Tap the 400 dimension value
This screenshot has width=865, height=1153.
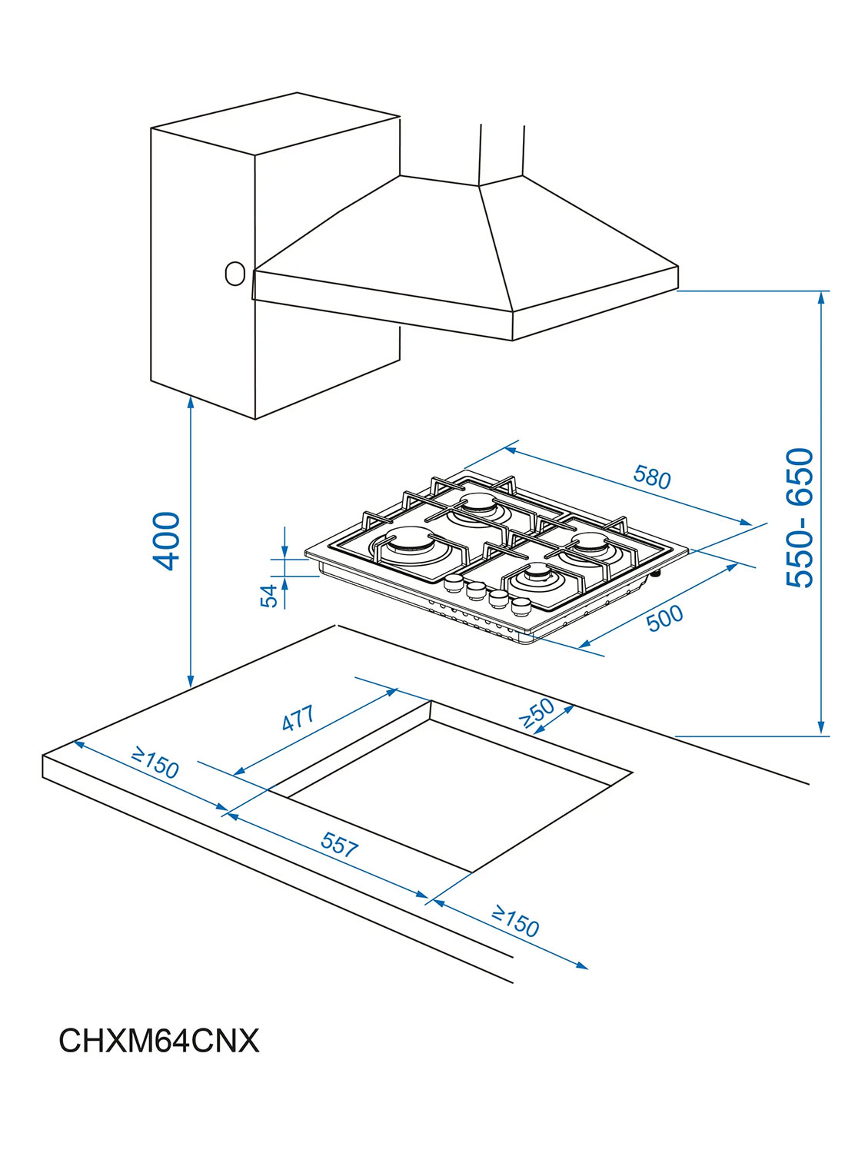click(166, 541)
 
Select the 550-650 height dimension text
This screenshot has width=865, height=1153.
click(799, 517)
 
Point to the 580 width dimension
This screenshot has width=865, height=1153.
click(652, 477)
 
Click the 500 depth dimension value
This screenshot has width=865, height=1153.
click(665, 618)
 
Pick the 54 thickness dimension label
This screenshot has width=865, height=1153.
click(269, 595)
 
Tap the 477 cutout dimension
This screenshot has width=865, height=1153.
click(298, 717)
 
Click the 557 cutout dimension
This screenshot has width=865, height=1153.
click(340, 844)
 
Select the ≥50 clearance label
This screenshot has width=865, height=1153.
click(536, 713)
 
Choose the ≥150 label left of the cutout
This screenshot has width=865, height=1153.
click(155, 763)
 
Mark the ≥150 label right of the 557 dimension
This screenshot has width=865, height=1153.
click(515, 922)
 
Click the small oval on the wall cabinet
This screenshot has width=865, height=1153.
click(235, 273)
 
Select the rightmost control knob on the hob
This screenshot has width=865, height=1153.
click(521, 606)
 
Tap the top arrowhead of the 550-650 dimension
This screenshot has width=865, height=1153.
click(821, 297)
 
